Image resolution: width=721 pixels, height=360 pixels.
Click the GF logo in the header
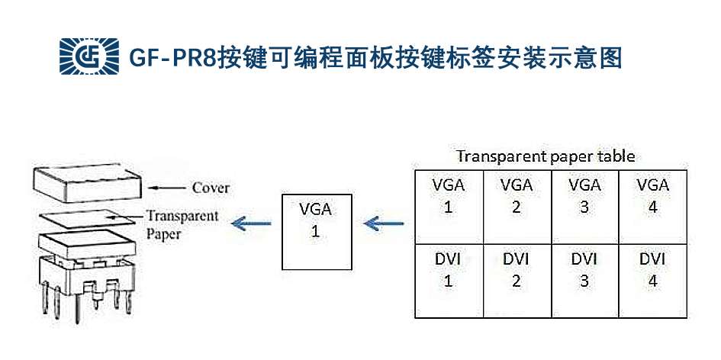point(89,56)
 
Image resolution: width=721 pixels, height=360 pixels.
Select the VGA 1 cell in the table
point(449,206)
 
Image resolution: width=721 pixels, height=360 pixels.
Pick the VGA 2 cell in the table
point(517,206)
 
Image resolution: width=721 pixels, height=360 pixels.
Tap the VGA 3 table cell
point(584,206)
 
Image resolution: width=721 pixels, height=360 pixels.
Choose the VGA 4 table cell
point(652,206)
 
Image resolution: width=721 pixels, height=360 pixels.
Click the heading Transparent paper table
point(546,156)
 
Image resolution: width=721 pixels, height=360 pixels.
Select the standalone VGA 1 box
point(315,231)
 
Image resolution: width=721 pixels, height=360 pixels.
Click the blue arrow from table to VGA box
point(385,223)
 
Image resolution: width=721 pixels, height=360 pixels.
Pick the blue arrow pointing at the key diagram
point(252,223)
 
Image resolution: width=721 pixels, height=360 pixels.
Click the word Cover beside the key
point(211,188)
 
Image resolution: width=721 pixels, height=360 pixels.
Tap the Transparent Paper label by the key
point(182,224)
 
